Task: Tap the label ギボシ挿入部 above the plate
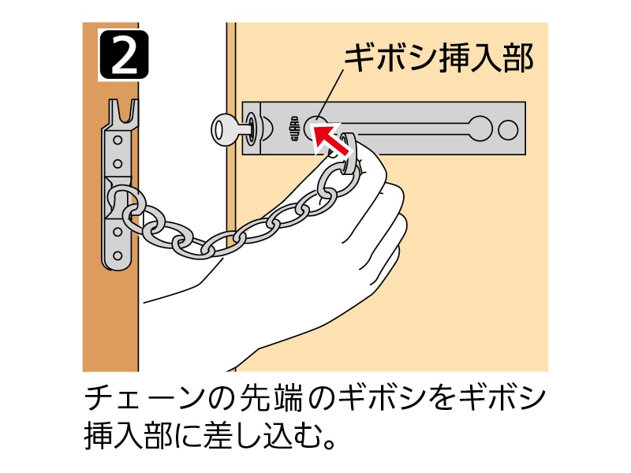(439, 58)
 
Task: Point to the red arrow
(331, 135)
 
